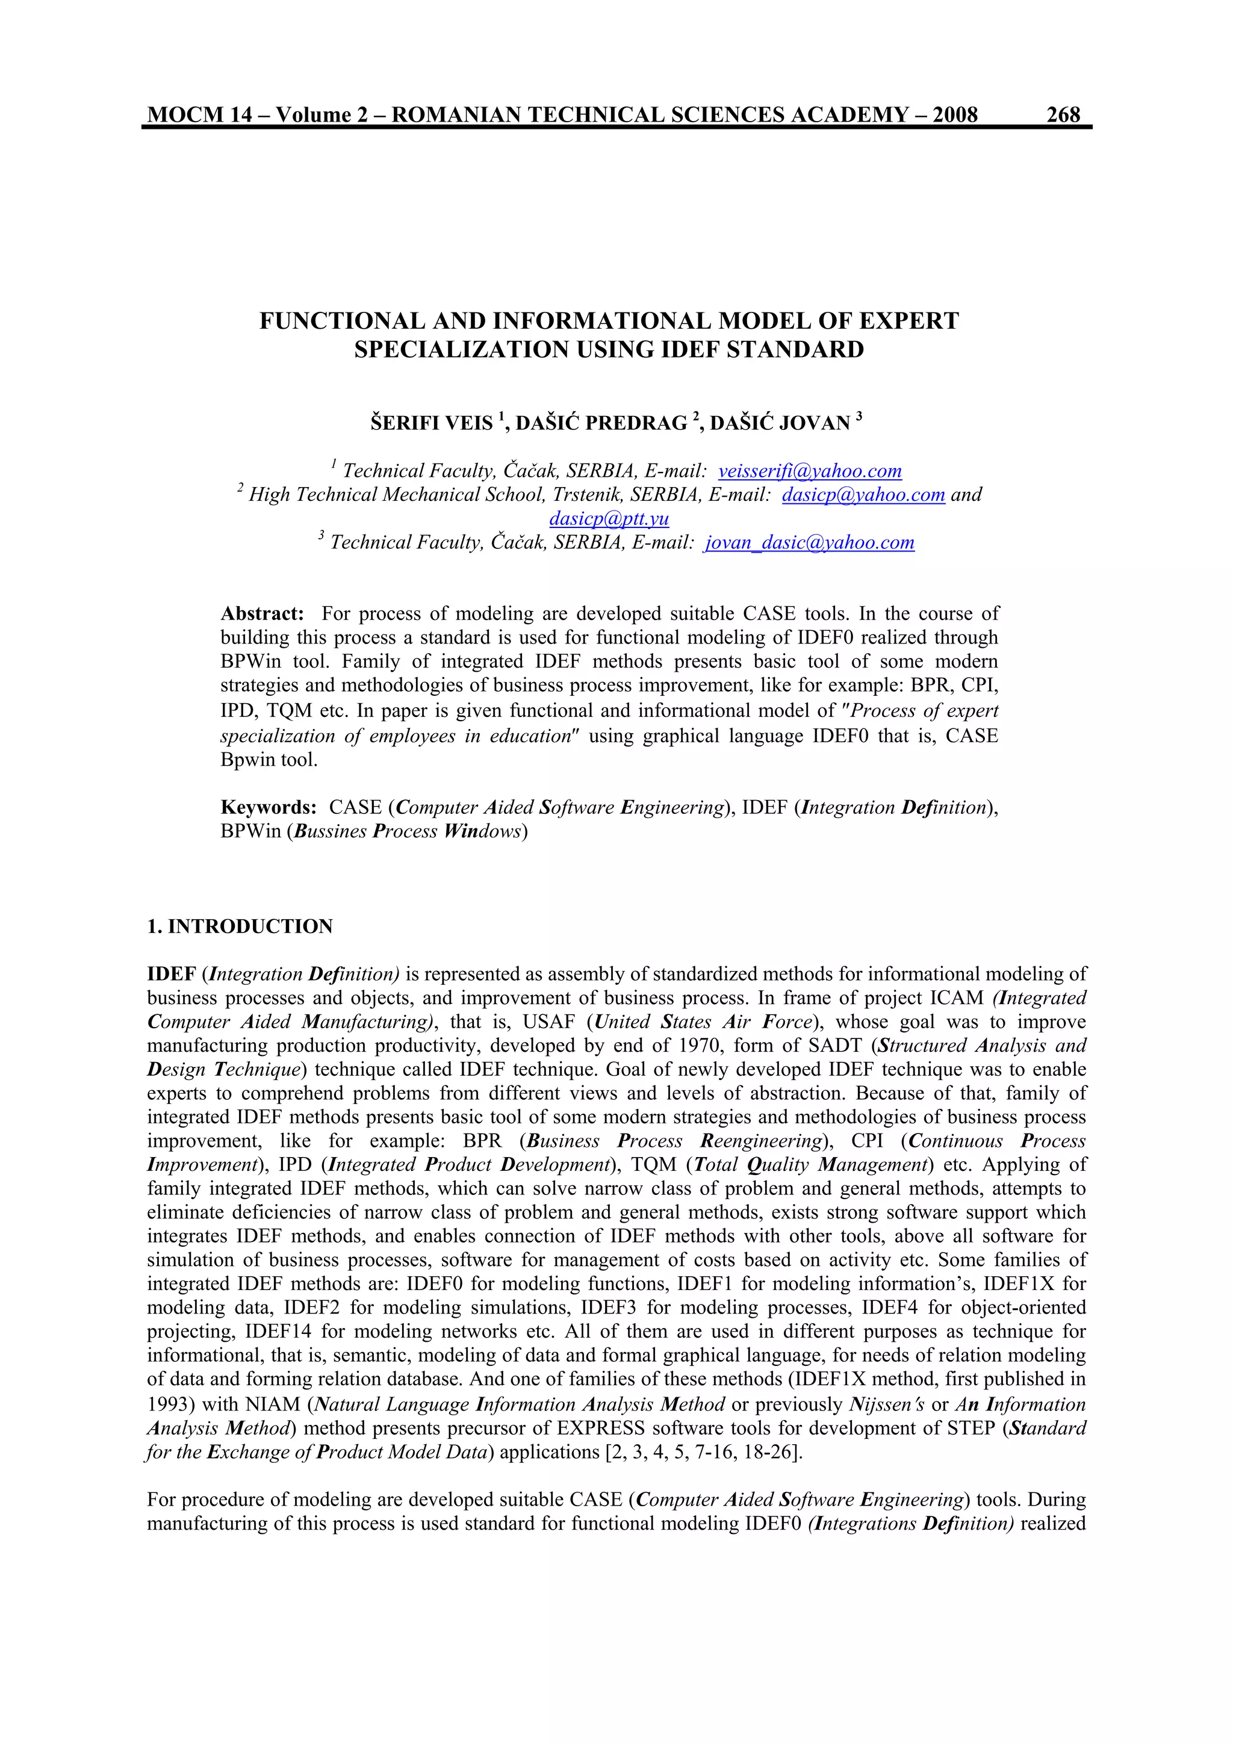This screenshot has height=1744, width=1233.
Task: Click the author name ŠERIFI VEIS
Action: point(432,423)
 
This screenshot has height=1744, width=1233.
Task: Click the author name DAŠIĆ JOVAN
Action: point(780,423)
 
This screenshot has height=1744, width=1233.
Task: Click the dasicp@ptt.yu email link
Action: point(609,519)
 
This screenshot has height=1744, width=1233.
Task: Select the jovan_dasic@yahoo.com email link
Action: point(809,542)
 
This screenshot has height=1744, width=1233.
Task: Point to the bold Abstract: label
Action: point(262,614)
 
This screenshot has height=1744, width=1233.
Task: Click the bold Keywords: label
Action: point(268,807)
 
